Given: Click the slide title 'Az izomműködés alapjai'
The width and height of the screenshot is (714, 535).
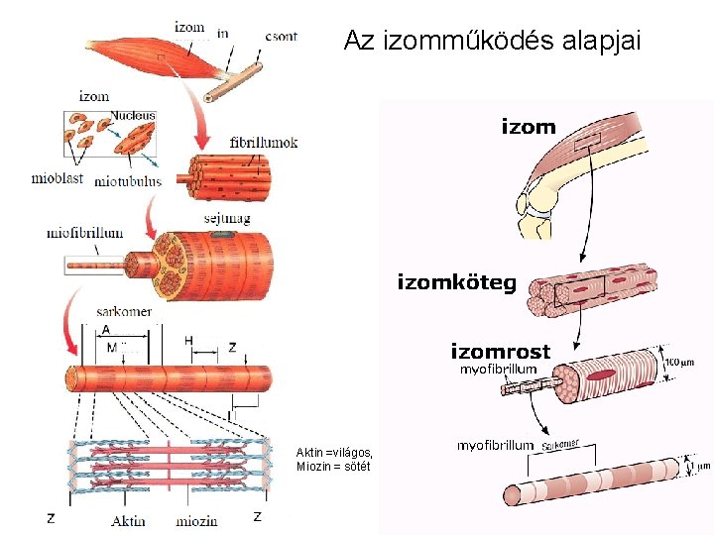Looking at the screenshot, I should pyautogui.click(x=492, y=42).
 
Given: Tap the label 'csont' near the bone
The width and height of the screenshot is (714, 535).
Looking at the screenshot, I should pyautogui.click(x=281, y=35).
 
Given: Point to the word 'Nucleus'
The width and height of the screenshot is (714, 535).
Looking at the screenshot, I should pyautogui.click(x=133, y=116).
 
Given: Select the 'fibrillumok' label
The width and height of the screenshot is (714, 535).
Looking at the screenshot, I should pyautogui.click(x=263, y=143).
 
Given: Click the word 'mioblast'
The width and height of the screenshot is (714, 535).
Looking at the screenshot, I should pyautogui.click(x=56, y=180).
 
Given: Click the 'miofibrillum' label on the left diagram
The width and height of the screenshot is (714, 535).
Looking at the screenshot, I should pyautogui.click(x=85, y=233).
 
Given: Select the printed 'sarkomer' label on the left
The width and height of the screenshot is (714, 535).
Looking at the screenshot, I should pyautogui.click(x=123, y=311).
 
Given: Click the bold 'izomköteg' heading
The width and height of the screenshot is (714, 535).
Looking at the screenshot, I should pyautogui.click(x=456, y=283).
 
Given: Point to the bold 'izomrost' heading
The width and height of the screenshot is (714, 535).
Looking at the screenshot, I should pyautogui.click(x=500, y=351).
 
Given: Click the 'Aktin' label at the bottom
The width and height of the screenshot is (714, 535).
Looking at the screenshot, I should pyautogui.click(x=129, y=520).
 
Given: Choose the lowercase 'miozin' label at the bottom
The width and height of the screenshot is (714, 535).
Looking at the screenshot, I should pyautogui.click(x=198, y=520).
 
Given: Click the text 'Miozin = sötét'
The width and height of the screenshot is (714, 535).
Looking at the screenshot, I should pyautogui.click(x=332, y=467).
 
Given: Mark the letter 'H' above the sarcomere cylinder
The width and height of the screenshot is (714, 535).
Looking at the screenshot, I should pyautogui.click(x=188, y=341).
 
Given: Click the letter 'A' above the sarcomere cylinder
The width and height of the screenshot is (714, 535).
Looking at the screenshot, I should pyautogui.click(x=106, y=330).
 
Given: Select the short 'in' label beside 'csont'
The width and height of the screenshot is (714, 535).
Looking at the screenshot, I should pyautogui.click(x=223, y=33).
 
